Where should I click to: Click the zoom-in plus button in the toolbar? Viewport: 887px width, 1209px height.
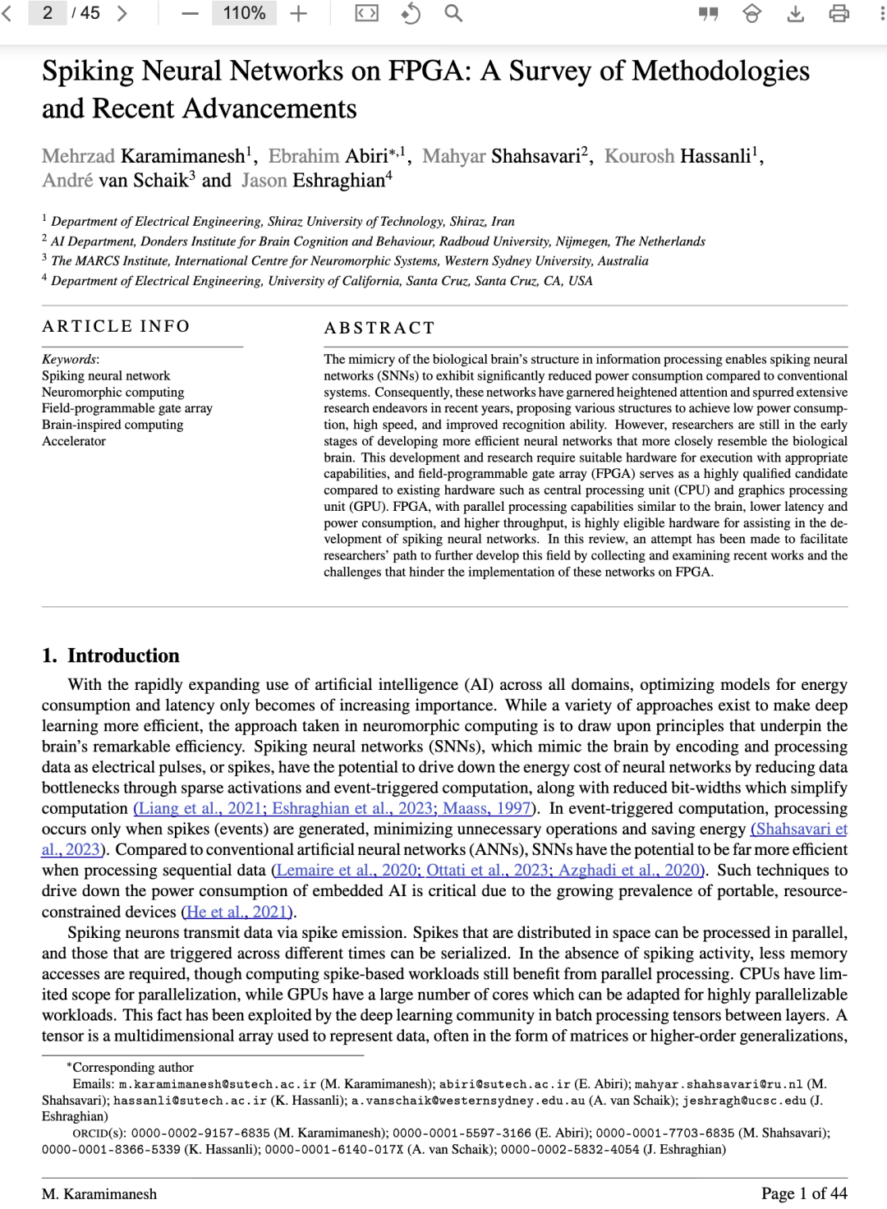coord(299,13)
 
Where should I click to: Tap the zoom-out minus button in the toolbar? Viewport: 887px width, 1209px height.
coord(190,13)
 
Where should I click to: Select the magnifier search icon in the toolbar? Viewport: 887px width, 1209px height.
coord(453,13)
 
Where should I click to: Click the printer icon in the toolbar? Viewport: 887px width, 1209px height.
coord(839,13)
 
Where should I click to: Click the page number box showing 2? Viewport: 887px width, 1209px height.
coord(48,13)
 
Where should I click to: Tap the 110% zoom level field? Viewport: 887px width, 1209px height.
coord(244,13)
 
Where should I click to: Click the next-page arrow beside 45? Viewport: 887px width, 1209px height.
coord(122,13)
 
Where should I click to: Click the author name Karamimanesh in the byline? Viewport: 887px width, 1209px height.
coord(183,156)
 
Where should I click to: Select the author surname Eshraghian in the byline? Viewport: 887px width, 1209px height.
coord(339,181)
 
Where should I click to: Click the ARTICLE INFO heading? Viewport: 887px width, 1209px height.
coord(116,326)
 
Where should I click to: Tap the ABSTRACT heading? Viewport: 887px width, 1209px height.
coord(379,328)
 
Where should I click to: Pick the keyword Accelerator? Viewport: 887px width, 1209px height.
coord(74,441)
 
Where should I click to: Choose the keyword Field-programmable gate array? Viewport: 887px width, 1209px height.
coord(127,408)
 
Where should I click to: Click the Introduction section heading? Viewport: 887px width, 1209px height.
coord(123,655)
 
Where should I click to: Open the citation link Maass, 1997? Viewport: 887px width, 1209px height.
coord(487,808)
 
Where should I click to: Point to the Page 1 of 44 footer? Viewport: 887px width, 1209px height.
coord(803,1193)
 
